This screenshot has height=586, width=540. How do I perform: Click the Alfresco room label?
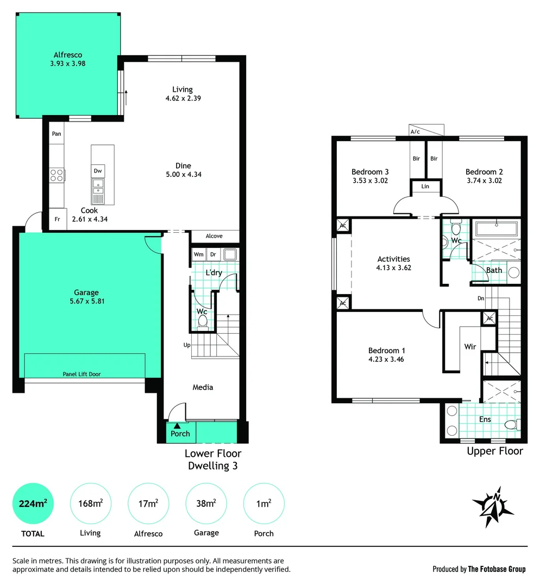pyautogui.click(x=67, y=54)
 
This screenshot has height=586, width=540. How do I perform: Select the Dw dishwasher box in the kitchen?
pyautogui.click(x=98, y=171)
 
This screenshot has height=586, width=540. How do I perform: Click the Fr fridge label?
pyautogui.click(x=57, y=219)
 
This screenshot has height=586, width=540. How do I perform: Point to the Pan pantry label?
pyautogui.click(x=56, y=133)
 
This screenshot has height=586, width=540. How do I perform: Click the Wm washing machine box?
pyautogui.click(x=198, y=254)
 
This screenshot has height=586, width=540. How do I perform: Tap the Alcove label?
pyautogui.click(x=214, y=236)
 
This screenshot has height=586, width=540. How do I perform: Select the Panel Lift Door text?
pyautogui.click(x=81, y=374)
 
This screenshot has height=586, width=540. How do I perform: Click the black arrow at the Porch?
pyautogui.click(x=177, y=425)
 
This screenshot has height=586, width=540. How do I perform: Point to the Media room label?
pyautogui.click(x=203, y=387)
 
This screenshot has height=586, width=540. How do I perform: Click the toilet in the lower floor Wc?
pyautogui.click(x=203, y=322)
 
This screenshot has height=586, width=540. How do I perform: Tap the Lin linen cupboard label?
pyautogui.click(x=425, y=187)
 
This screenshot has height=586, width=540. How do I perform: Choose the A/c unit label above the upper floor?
pyautogui.click(x=415, y=131)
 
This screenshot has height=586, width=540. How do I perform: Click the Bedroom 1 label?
pyautogui.click(x=386, y=351)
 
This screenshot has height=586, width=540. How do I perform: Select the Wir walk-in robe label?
pyautogui.click(x=470, y=346)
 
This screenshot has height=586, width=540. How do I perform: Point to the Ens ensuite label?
pyautogui.click(x=485, y=419)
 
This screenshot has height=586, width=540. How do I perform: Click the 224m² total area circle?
pyautogui.click(x=33, y=504)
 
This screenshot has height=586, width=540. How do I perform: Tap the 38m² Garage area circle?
pyautogui.click(x=206, y=504)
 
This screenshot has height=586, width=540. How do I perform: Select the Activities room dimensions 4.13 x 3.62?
pyautogui.click(x=394, y=267)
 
